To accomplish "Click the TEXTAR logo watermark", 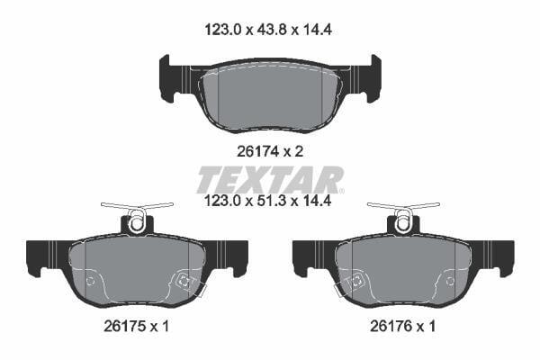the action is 270,179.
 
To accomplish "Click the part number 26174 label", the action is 259,151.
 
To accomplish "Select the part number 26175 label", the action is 126,326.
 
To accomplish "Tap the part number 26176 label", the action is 391,326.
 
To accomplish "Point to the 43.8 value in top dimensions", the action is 272,31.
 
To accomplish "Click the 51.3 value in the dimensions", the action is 272,201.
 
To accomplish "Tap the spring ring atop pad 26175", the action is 137,222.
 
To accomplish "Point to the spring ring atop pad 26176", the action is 403,222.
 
